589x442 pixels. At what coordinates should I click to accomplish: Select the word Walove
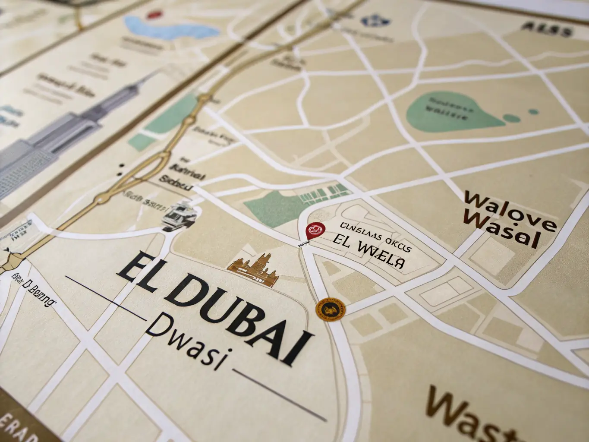509,209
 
